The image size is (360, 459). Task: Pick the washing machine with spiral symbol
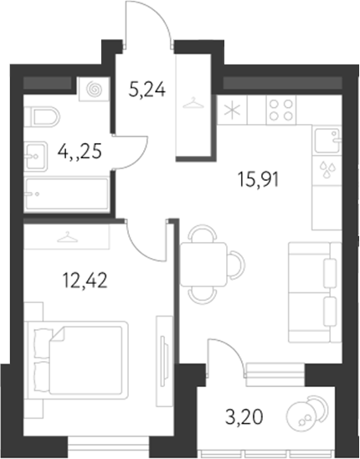click(x=90, y=90)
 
